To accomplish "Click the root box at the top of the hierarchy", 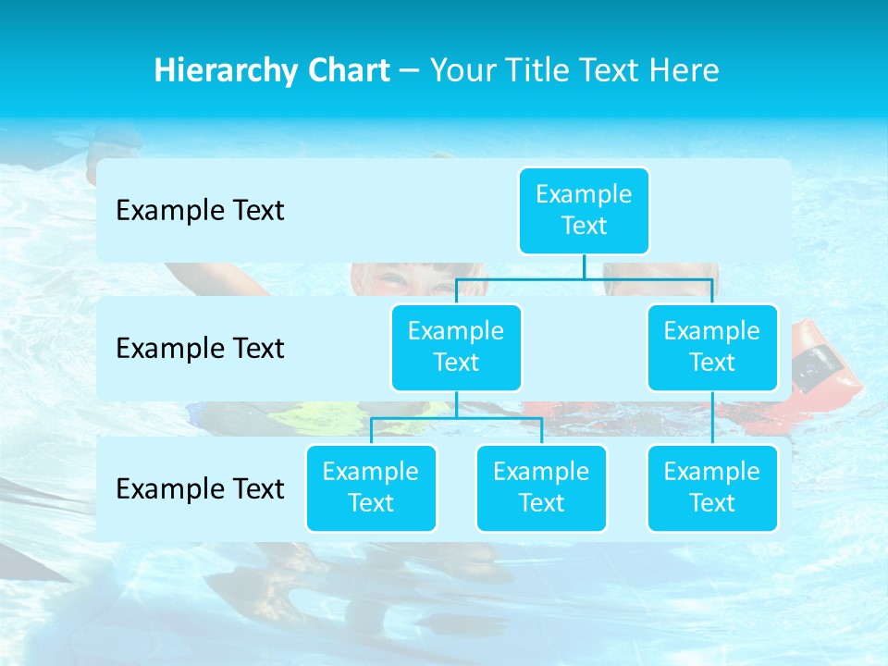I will coord(584,211).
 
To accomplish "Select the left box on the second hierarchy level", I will coord(456,348).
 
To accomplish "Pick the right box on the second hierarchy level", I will coord(712,348).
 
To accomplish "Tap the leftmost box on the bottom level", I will coord(371,488).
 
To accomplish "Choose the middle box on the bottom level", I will coord(541,488).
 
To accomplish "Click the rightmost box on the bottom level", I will coord(712,488).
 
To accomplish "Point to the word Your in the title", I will coord(461,70).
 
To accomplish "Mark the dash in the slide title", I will coord(410,70).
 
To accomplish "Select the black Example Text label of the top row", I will coord(200,211).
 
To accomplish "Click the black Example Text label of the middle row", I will coord(200,349).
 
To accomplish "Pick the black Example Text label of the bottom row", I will coord(200,488).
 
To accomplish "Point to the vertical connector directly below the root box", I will coord(584,266).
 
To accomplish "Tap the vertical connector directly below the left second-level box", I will coord(456,405).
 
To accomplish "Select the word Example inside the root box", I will coord(584,195).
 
